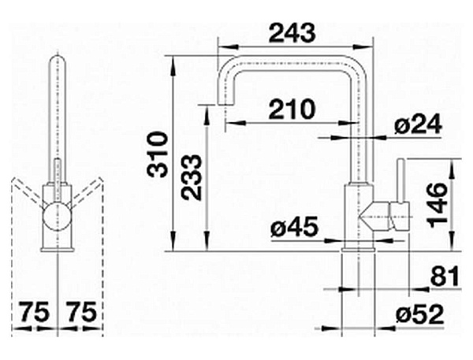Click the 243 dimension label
292,33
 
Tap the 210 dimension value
292,109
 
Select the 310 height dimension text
157,154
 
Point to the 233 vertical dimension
192,177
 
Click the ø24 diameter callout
418,124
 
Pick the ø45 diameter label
294,227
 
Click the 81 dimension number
445,276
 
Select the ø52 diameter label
419,314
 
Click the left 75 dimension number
35,312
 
